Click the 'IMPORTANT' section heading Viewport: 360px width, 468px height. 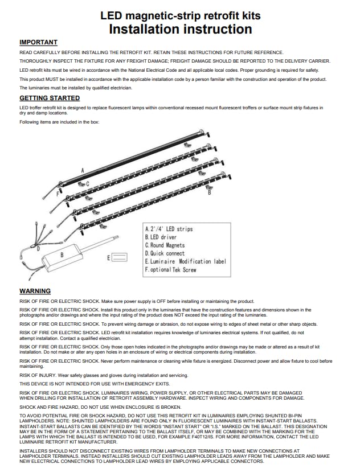point(38,42)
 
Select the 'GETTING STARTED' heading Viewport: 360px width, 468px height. point(50,98)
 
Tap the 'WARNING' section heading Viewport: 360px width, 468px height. point(35,291)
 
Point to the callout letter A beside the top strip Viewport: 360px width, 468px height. point(83,170)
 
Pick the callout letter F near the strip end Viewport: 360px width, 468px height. point(58,194)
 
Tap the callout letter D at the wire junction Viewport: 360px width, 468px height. point(38,249)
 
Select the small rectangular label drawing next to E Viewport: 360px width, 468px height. point(120,258)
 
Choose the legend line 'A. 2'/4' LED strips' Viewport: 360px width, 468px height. point(169,229)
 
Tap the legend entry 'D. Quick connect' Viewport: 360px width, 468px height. point(165,253)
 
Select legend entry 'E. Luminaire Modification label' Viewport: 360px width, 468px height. point(186,261)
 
